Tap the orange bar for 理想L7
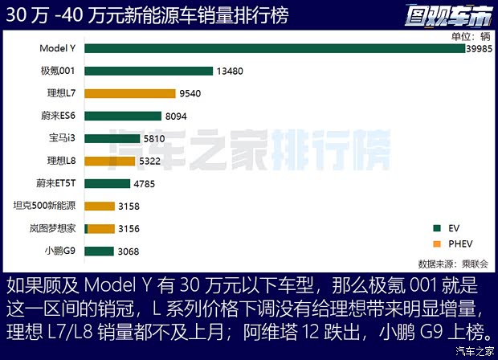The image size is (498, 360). pyautogui.click(x=129, y=93)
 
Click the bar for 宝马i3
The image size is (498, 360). pyautogui.click(x=112, y=138)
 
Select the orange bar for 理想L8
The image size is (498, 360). pyautogui.click(x=109, y=161)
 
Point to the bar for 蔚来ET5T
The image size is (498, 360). pyautogui.click(x=107, y=183)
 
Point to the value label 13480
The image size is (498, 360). pyautogui.click(x=231, y=71)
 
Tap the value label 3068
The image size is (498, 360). pyautogui.click(x=129, y=252)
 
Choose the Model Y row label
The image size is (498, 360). pyautogui.click(x=57, y=48)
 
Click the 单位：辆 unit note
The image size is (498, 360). pyautogui.click(x=470, y=35)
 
